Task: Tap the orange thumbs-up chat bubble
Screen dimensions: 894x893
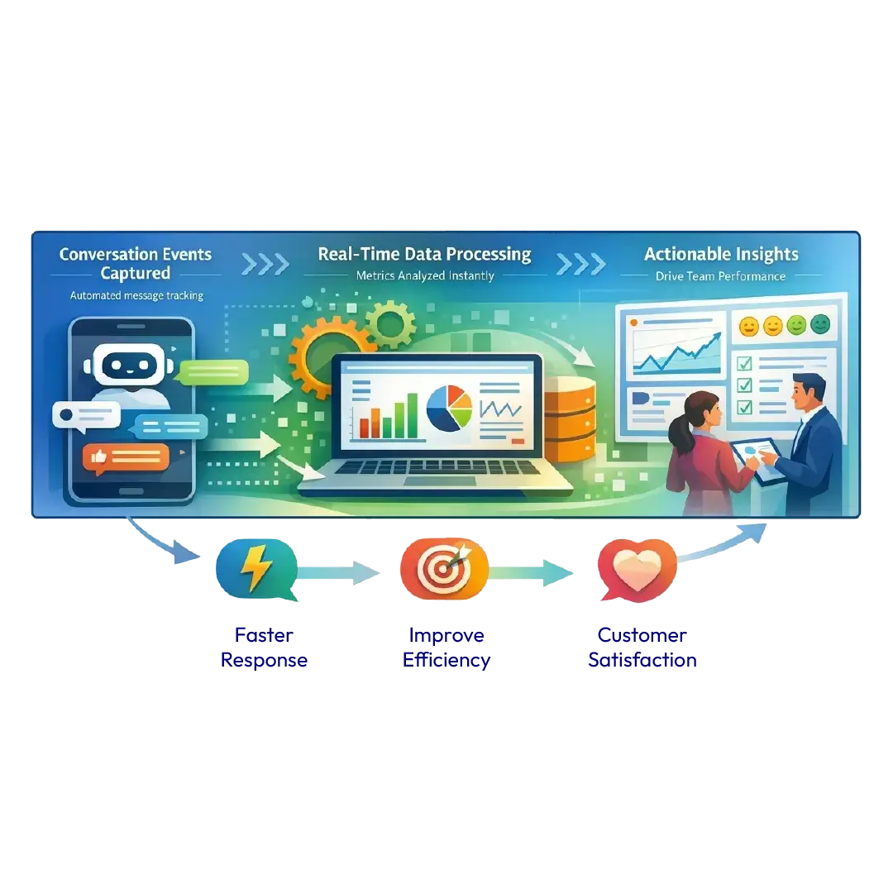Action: [126, 457]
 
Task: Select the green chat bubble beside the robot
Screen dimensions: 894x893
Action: [213, 372]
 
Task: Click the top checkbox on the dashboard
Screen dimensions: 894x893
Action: [743, 363]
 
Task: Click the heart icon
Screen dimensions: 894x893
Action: [637, 571]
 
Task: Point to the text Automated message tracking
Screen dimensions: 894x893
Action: [137, 295]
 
